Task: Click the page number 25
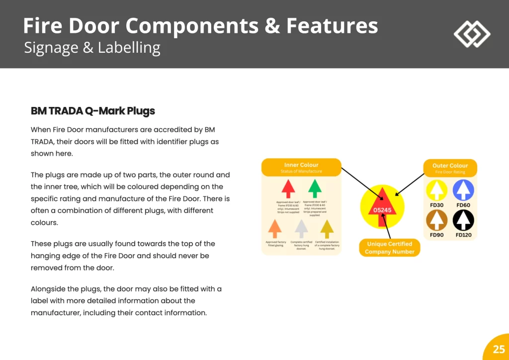click(499, 349)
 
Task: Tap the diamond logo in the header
click(472, 34)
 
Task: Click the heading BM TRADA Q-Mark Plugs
click(93, 111)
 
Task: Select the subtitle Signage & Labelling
click(92, 48)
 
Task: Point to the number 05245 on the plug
click(382, 210)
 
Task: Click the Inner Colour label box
click(301, 168)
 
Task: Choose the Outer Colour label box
click(450, 168)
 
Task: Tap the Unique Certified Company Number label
click(389, 248)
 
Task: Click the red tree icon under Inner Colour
click(288, 188)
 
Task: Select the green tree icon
click(314, 188)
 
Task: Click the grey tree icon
click(301, 228)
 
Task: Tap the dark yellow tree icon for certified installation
click(327, 228)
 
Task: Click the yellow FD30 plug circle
click(437, 190)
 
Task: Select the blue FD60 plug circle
click(463, 190)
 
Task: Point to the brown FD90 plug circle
click(437, 220)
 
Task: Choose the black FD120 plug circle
click(463, 220)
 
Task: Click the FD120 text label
click(463, 235)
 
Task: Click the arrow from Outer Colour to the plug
click(411, 184)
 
